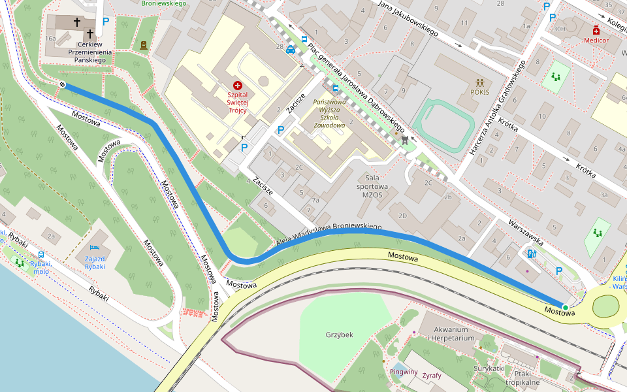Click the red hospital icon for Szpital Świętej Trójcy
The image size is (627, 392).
(x=237, y=86)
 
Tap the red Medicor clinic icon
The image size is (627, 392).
(x=596, y=31)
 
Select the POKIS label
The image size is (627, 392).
(x=480, y=92)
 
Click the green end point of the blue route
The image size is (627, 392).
(x=565, y=306)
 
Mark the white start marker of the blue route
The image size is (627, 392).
(x=63, y=85)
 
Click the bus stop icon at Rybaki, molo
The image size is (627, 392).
(x=41, y=255)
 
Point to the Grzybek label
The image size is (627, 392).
(x=339, y=335)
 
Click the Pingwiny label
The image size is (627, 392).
(x=404, y=372)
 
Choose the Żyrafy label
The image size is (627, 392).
(x=432, y=376)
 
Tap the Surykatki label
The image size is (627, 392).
(x=489, y=368)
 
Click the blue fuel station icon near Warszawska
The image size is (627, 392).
(x=531, y=253)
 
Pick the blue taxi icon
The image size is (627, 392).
(x=290, y=50)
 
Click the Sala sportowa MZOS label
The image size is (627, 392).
(x=372, y=186)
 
